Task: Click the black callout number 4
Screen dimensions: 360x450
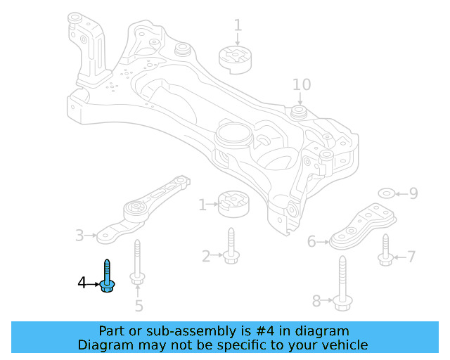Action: (x=82, y=283)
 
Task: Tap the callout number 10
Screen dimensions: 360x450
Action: (x=301, y=85)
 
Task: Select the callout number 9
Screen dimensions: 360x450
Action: (x=413, y=193)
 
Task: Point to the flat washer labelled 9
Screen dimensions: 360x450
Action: (x=386, y=193)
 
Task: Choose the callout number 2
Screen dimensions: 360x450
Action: (x=206, y=257)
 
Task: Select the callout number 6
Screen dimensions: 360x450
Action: (x=311, y=242)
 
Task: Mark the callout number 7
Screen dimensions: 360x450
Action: (x=411, y=257)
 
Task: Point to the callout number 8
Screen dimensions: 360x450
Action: (x=316, y=302)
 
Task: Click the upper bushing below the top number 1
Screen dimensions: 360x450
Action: (x=237, y=58)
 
